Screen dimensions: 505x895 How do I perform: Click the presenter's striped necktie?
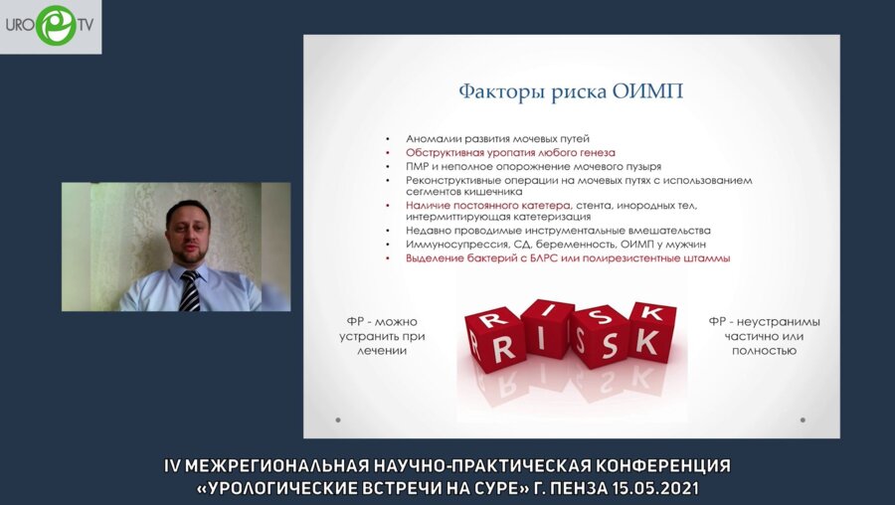coord(189,290)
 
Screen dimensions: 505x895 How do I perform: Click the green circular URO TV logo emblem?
coord(54,25)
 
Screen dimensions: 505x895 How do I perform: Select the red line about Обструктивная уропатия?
coord(510,152)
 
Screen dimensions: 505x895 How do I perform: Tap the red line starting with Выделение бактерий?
coord(567,257)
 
